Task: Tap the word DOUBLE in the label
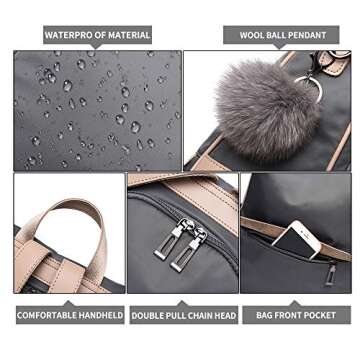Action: (x=146, y=316)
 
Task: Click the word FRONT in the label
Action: (x=291, y=315)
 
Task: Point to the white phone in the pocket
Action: (x=297, y=240)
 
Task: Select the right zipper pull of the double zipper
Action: (x=189, y=249)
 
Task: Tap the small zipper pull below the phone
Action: (x=331, y=274)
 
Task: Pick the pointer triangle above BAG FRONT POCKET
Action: (x=295, y=303)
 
